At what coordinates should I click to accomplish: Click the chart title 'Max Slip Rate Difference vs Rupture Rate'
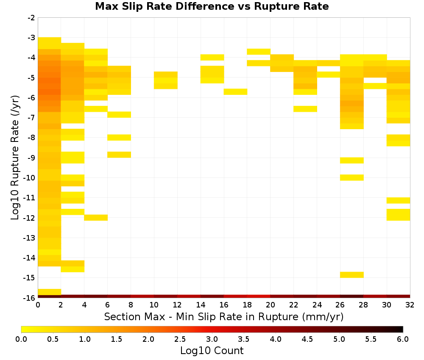click(x=212, y=6)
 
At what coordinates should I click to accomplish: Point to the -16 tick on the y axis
click(x=31, y=298)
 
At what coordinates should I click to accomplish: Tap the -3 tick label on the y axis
click(x=31, y=38)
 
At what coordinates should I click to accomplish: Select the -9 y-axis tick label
click(x=31, y=158)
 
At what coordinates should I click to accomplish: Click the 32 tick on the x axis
click(x=410, y=305)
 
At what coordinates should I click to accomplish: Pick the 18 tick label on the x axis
click(x=247, y=305)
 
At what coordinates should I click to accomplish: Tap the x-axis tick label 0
click(x=38, y=305)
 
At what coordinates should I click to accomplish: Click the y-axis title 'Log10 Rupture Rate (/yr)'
click(x=15, y=158)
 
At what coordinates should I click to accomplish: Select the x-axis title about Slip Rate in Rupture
click(x=224, y=316)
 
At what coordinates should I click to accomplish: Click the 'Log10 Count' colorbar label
click(x=212, y=351)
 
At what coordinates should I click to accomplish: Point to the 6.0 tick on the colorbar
click(x=403, y=339)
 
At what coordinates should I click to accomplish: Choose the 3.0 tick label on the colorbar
click(x=212, y=339)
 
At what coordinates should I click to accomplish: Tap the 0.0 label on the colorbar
click(x=21, y=339)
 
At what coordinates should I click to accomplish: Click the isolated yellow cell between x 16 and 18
click(x=235, y=92)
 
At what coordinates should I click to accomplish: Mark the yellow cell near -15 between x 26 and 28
click(x=352, y=275)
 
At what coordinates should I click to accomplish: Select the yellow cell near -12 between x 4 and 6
click(x=96, y=218)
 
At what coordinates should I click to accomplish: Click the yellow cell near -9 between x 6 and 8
click(x=119, y=155)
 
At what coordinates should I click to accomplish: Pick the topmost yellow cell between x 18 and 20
click(x=259, y=52)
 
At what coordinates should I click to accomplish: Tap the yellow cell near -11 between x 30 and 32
click(x=398, y=200)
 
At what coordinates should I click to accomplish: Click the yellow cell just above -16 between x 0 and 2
click(x=50, y=292)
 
